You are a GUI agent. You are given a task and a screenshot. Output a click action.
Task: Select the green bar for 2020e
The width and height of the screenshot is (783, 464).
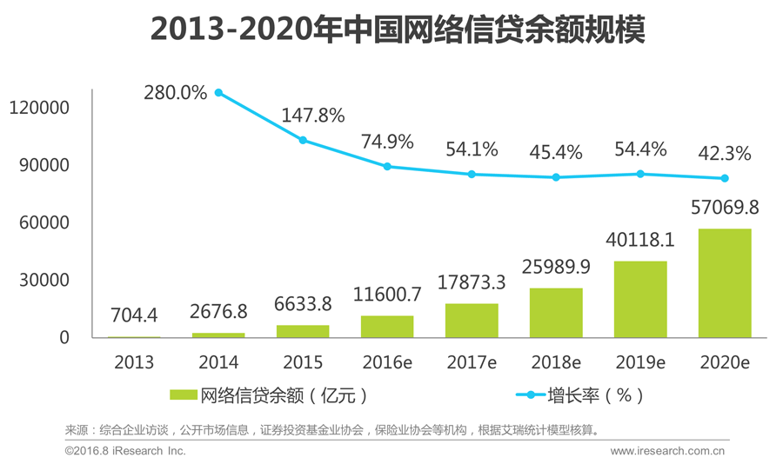(x=724, y=283)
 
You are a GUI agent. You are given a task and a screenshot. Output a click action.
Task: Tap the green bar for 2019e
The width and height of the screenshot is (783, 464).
(x=640, y=299)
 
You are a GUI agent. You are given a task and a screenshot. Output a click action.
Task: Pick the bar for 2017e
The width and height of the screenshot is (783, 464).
(x=472, y=321)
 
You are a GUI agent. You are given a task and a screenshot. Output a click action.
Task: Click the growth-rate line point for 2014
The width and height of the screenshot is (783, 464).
(x=218, y=93)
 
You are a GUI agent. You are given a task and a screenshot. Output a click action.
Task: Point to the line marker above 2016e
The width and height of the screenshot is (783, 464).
(x=387, y=166)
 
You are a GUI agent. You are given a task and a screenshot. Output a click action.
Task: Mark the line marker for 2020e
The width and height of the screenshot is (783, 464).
(x=724, y=178)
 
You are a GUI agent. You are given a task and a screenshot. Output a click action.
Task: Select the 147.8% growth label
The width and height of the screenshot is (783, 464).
(x=313, y=115)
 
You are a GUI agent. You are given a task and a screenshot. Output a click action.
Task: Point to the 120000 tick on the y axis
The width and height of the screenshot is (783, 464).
(x=38, y=108)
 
